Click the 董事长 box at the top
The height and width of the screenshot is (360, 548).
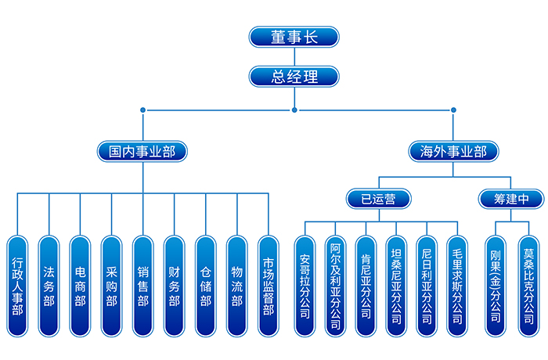coord(294,37)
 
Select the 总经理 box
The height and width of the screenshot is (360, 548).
coord(294,76)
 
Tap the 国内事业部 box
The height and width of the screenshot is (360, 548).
coord(142,151)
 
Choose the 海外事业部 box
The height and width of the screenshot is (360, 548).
coord(453,151)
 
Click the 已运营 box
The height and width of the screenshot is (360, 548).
coord(380,198)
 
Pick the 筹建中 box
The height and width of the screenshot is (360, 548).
coord(510,198)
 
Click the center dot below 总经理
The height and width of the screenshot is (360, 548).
coord(294,110)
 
